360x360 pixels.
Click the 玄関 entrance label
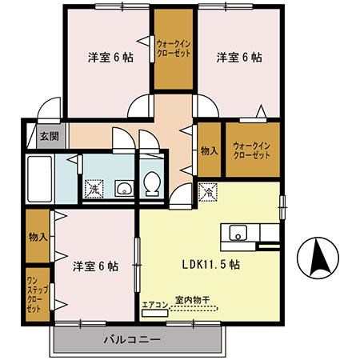(49, 137)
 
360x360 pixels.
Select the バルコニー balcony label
(132, 339)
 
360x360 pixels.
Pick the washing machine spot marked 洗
(94, 189)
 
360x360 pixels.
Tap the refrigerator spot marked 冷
(206, 192)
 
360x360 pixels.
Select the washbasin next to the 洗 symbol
(122, 189)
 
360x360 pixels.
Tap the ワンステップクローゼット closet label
(34, 294)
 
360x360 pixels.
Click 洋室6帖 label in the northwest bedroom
(110, 58)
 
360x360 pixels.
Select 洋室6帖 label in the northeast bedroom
(238, 58)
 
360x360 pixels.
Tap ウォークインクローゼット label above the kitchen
(252, 150)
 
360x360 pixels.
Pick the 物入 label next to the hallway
(209, 149)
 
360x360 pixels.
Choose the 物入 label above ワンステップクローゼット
(38, 237)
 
